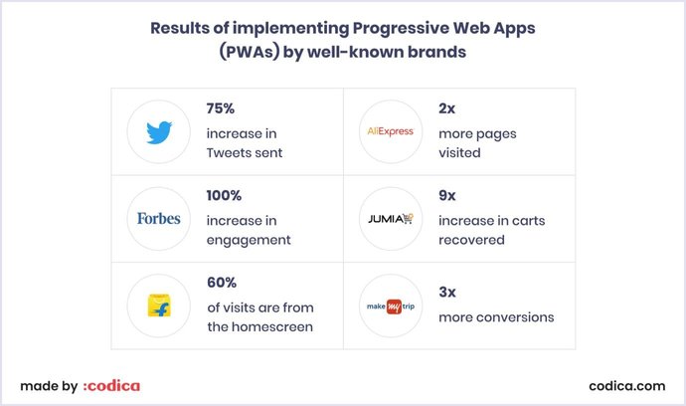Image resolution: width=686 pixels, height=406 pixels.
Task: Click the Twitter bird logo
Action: pyautogui.click(x=159, y=131)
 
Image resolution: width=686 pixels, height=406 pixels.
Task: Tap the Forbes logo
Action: pyautogui.click(x=159, y=218)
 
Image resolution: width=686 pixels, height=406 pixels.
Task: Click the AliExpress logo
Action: pyautogui.click(x=390, y=131)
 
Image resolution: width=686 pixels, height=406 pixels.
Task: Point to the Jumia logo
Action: pyautogui.click(x=390, y=218)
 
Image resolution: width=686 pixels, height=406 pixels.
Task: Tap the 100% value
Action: pyautogui.click(x=226, y=196)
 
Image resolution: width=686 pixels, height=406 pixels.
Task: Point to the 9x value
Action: pyautogui.click(x=446, y=196)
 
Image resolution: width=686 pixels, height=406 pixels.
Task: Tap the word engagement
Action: pyautogui.click(x=249, y=240)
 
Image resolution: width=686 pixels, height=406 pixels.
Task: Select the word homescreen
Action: pyautogui.click(x=274, y=327)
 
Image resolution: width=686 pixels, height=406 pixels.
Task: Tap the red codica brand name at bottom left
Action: pyautogui.click(x=111, y=385)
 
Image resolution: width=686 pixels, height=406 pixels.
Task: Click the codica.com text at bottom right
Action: pyautogui.click(x=626, y=385)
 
